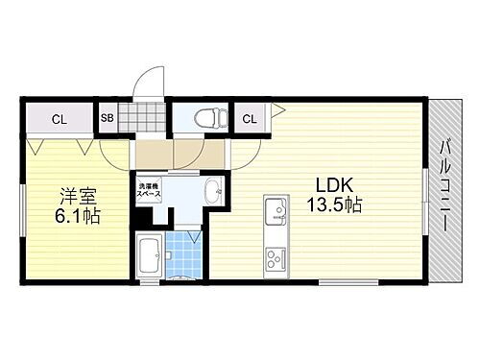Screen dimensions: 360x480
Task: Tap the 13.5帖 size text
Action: click(333, 206)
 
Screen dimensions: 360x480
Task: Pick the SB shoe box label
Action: click(108, 118)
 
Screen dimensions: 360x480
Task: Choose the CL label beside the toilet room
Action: click(249, 118)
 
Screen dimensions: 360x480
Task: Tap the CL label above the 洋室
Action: click(60, 119)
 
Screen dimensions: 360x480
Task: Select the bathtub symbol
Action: click(149, 256)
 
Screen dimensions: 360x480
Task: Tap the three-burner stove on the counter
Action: click(274, 257)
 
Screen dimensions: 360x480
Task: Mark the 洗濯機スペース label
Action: click(150, 190)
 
